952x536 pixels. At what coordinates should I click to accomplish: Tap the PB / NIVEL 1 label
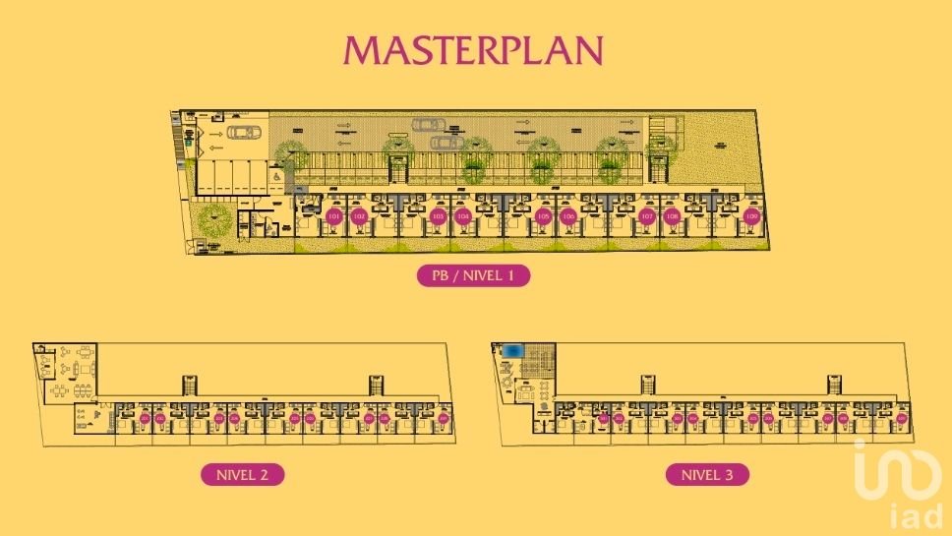pyautogui.click(x=474, y=276)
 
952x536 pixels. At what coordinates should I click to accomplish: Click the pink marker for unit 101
pyautogui.click(x=334, y=216)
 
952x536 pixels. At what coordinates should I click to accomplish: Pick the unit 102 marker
pyautogui.click(x=360, y=216)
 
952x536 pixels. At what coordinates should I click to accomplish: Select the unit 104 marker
pyautogui.click(x=463, y=216)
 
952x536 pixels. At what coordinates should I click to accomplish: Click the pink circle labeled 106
pyautogui.click(x=568, y=216)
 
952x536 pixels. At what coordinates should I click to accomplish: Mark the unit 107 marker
pyautogui.click(x=647, y=216)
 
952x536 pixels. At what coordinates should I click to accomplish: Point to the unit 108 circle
pyautogui.click(x=673, y=216)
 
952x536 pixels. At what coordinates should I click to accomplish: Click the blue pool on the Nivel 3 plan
pyautogui.click(x=513, y=351)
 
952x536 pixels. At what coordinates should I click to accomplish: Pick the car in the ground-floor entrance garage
pyautogui.click(x=243, y=133)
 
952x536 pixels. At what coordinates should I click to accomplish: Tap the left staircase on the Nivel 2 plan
pyautogui.click(x=191, y=385)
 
